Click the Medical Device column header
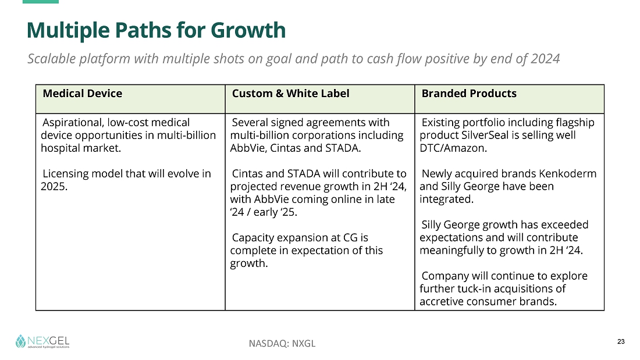[82, 94]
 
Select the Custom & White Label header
[290, 94]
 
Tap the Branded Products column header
[469, 94]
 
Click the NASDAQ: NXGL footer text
[282, 343]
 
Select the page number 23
[621, 341]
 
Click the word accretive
[443, 302]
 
